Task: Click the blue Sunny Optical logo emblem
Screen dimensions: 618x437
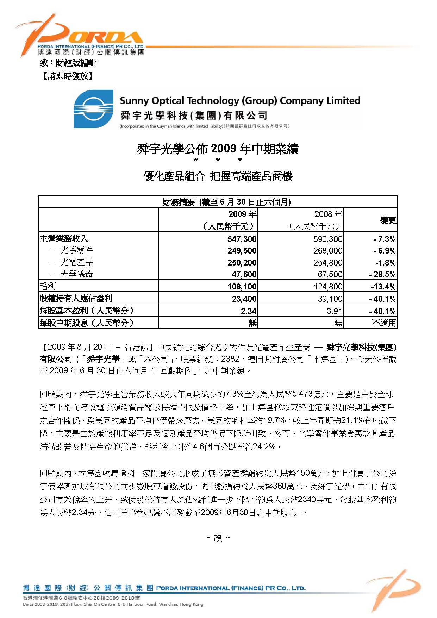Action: tap(93, 109)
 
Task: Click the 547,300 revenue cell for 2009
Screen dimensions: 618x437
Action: tap(242, 239)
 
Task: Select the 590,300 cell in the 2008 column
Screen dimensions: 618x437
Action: tap(328, 239)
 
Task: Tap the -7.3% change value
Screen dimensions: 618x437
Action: tap(385, 239)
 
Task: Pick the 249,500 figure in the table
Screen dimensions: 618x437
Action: tap(242, 251)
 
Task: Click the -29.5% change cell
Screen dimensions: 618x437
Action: tap(382, 274)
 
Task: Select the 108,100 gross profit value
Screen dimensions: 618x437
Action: tap(242, 287)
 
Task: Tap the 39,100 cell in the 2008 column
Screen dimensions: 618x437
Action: tap(330, 299)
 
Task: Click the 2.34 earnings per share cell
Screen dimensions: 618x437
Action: tap(249, 311)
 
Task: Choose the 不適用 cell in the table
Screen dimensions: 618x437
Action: tap(384, 323)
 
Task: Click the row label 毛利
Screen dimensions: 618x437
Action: tap(48, 286)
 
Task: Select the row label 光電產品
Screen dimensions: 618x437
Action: tap(76, 262)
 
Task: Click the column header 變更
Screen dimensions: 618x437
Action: tap(388, 220)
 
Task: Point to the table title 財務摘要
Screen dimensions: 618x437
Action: tap(179, 202)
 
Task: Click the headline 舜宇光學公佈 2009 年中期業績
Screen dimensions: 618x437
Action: tap(218, 149)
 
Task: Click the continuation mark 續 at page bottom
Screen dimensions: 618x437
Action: tap(218, 538)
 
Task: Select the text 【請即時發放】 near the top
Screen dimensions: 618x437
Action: tap(68, 76)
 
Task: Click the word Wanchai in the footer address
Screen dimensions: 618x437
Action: tap(168, 604)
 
